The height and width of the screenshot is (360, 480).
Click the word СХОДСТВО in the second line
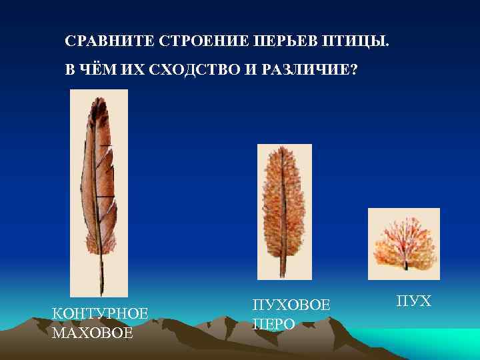click(x=193, y=70)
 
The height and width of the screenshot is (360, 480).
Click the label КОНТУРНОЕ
click(x=100, y=313)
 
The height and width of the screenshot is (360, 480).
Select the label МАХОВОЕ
click(x=93, y=332)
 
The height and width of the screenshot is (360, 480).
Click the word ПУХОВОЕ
click(x=291, y=305)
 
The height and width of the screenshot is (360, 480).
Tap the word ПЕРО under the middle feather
click(x=273, y=324)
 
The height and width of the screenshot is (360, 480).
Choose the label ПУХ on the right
click(x=414, y=302)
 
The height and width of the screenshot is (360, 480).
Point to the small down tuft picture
click(x=403, y=243)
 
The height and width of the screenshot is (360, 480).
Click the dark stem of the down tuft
click(x=405, y=265)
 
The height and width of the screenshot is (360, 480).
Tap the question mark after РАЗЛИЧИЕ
click(x=353, y=70)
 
